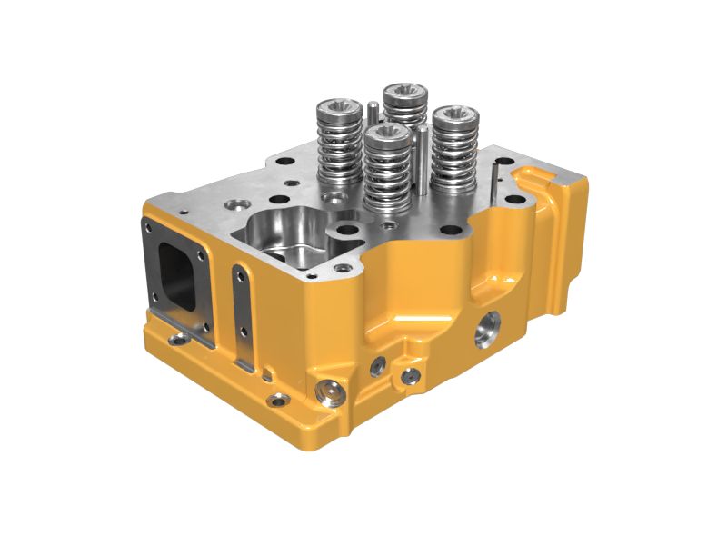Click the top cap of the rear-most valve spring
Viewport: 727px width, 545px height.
pyautogui.click(x=405, y=93)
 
